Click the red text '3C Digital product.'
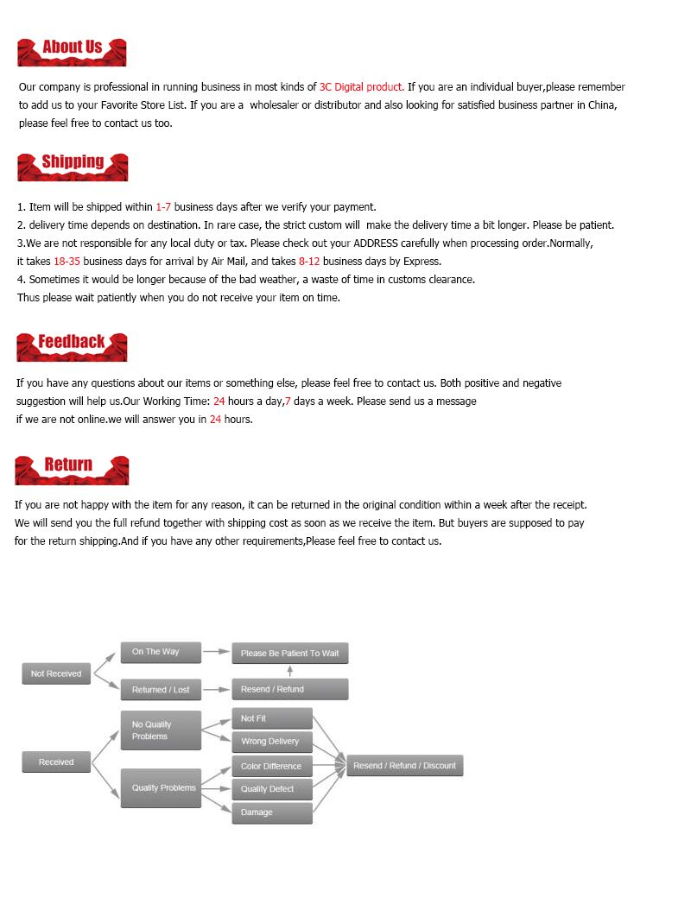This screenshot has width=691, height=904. [361, 87]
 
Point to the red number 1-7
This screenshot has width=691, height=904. [163, 207]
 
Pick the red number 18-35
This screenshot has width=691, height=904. [67, 262]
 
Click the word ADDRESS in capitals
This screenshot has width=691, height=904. [376, 243]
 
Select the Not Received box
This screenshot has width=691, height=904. [56, 673]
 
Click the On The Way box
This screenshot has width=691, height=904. [161, 652]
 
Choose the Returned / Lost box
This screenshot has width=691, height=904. [161, 689]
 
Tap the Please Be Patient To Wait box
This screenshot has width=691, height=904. [290, 654]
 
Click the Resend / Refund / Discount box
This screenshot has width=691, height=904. [404, 766]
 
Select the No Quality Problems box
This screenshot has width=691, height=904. [161, 730]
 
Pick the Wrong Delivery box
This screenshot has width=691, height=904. [272, 742]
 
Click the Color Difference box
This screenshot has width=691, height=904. [272, 766]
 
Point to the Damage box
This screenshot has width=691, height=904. [272, 812]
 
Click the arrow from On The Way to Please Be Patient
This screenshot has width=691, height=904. [216, 653]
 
